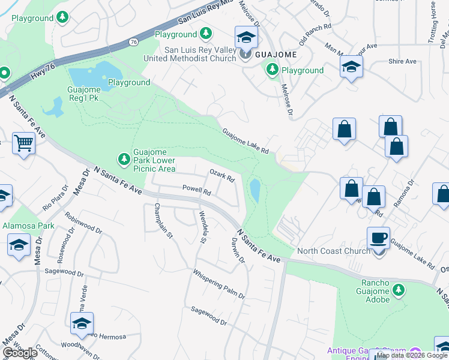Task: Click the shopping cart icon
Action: (x=23, y=143)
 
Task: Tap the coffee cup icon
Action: (x=378, y=238)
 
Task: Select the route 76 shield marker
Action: (x=133, y=41)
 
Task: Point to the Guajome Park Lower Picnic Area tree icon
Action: (x=124, y=158)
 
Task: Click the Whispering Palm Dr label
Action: (x=218, y=283)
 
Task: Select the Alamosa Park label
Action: (x=28, y=226)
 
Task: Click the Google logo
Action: (x=20, y=353)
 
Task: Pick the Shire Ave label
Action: (x=402, y=61)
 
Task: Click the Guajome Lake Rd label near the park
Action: (x=244, y=141)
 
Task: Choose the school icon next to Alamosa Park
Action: (x=19, y=245)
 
